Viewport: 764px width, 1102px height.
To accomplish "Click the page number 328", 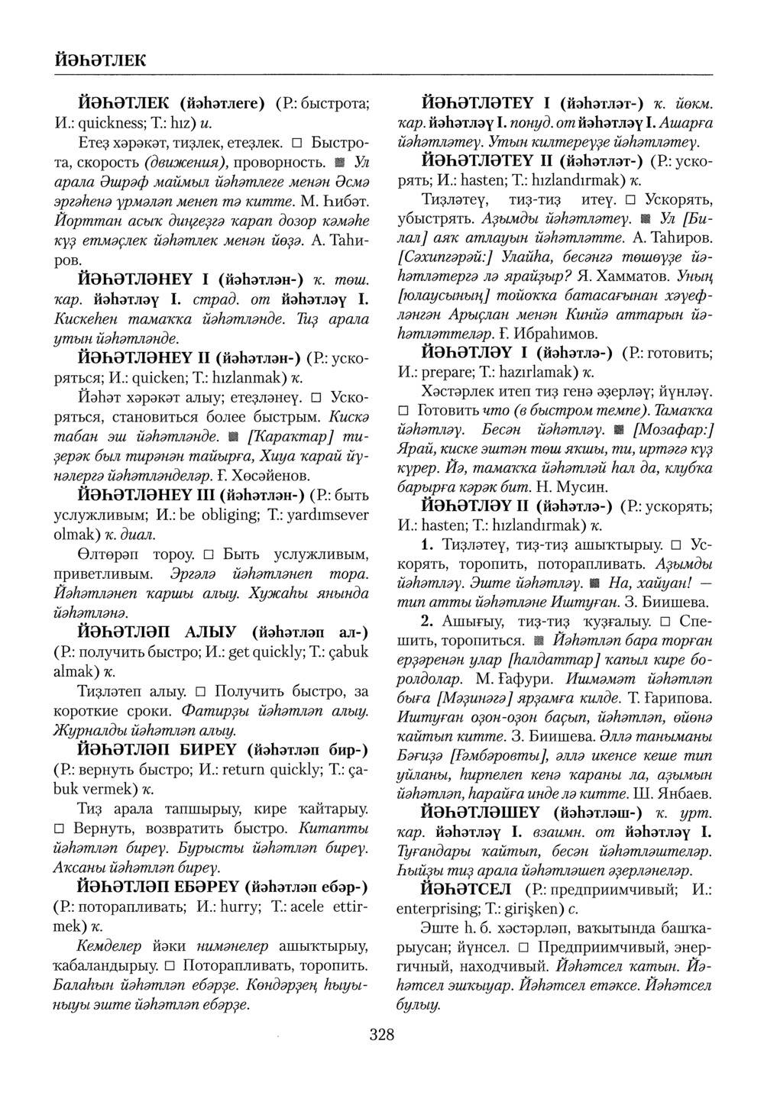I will pyautogui.click(x=381, y=1035).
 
